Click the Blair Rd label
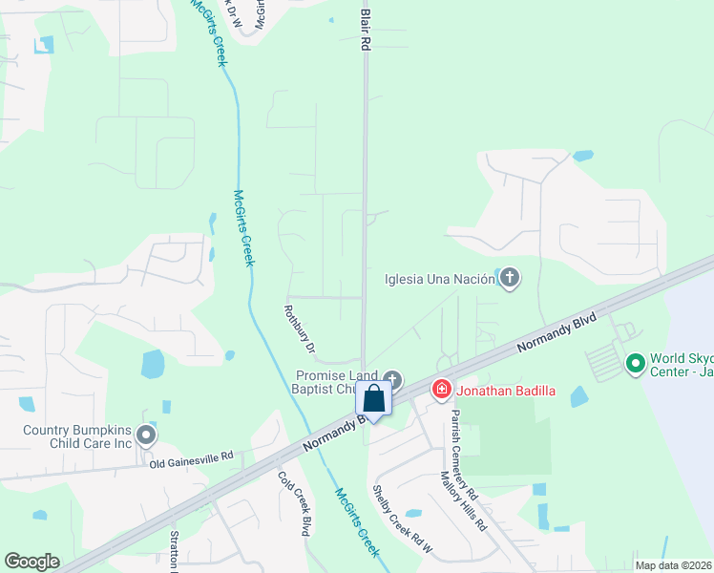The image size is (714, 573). point(365,25)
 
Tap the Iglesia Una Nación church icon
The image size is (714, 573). point(510,279)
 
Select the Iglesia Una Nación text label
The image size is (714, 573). point(439,280)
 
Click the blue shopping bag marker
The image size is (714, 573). point(374,398)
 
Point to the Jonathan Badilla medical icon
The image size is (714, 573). point(441,389)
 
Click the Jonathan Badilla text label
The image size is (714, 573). point(505,390)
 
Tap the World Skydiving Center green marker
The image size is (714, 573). point(634,364)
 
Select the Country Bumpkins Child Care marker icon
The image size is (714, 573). point(146,435)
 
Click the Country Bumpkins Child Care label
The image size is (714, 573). point(78,436)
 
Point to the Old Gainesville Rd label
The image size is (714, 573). point(191,459)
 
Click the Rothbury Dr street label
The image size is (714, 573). point(299,330)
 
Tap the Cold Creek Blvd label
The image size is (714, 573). point(295,503)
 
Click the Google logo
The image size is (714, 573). point(31,562)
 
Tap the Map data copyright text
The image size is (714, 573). point(672,565)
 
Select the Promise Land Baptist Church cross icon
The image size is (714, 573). point(392,379)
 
